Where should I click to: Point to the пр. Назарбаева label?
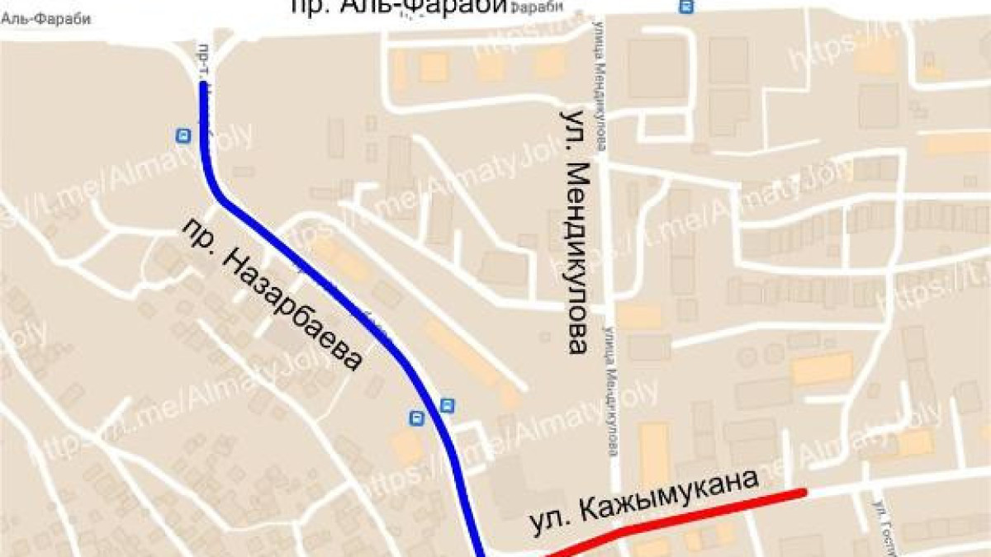tap(272, 294)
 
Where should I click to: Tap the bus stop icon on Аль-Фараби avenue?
tap(685, 7)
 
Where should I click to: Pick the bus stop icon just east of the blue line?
tap(447, 404)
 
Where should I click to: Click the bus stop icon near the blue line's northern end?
tap(183, 135)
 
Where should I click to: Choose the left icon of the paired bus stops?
tap(418, 418)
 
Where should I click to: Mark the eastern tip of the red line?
tap(803, 493)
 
